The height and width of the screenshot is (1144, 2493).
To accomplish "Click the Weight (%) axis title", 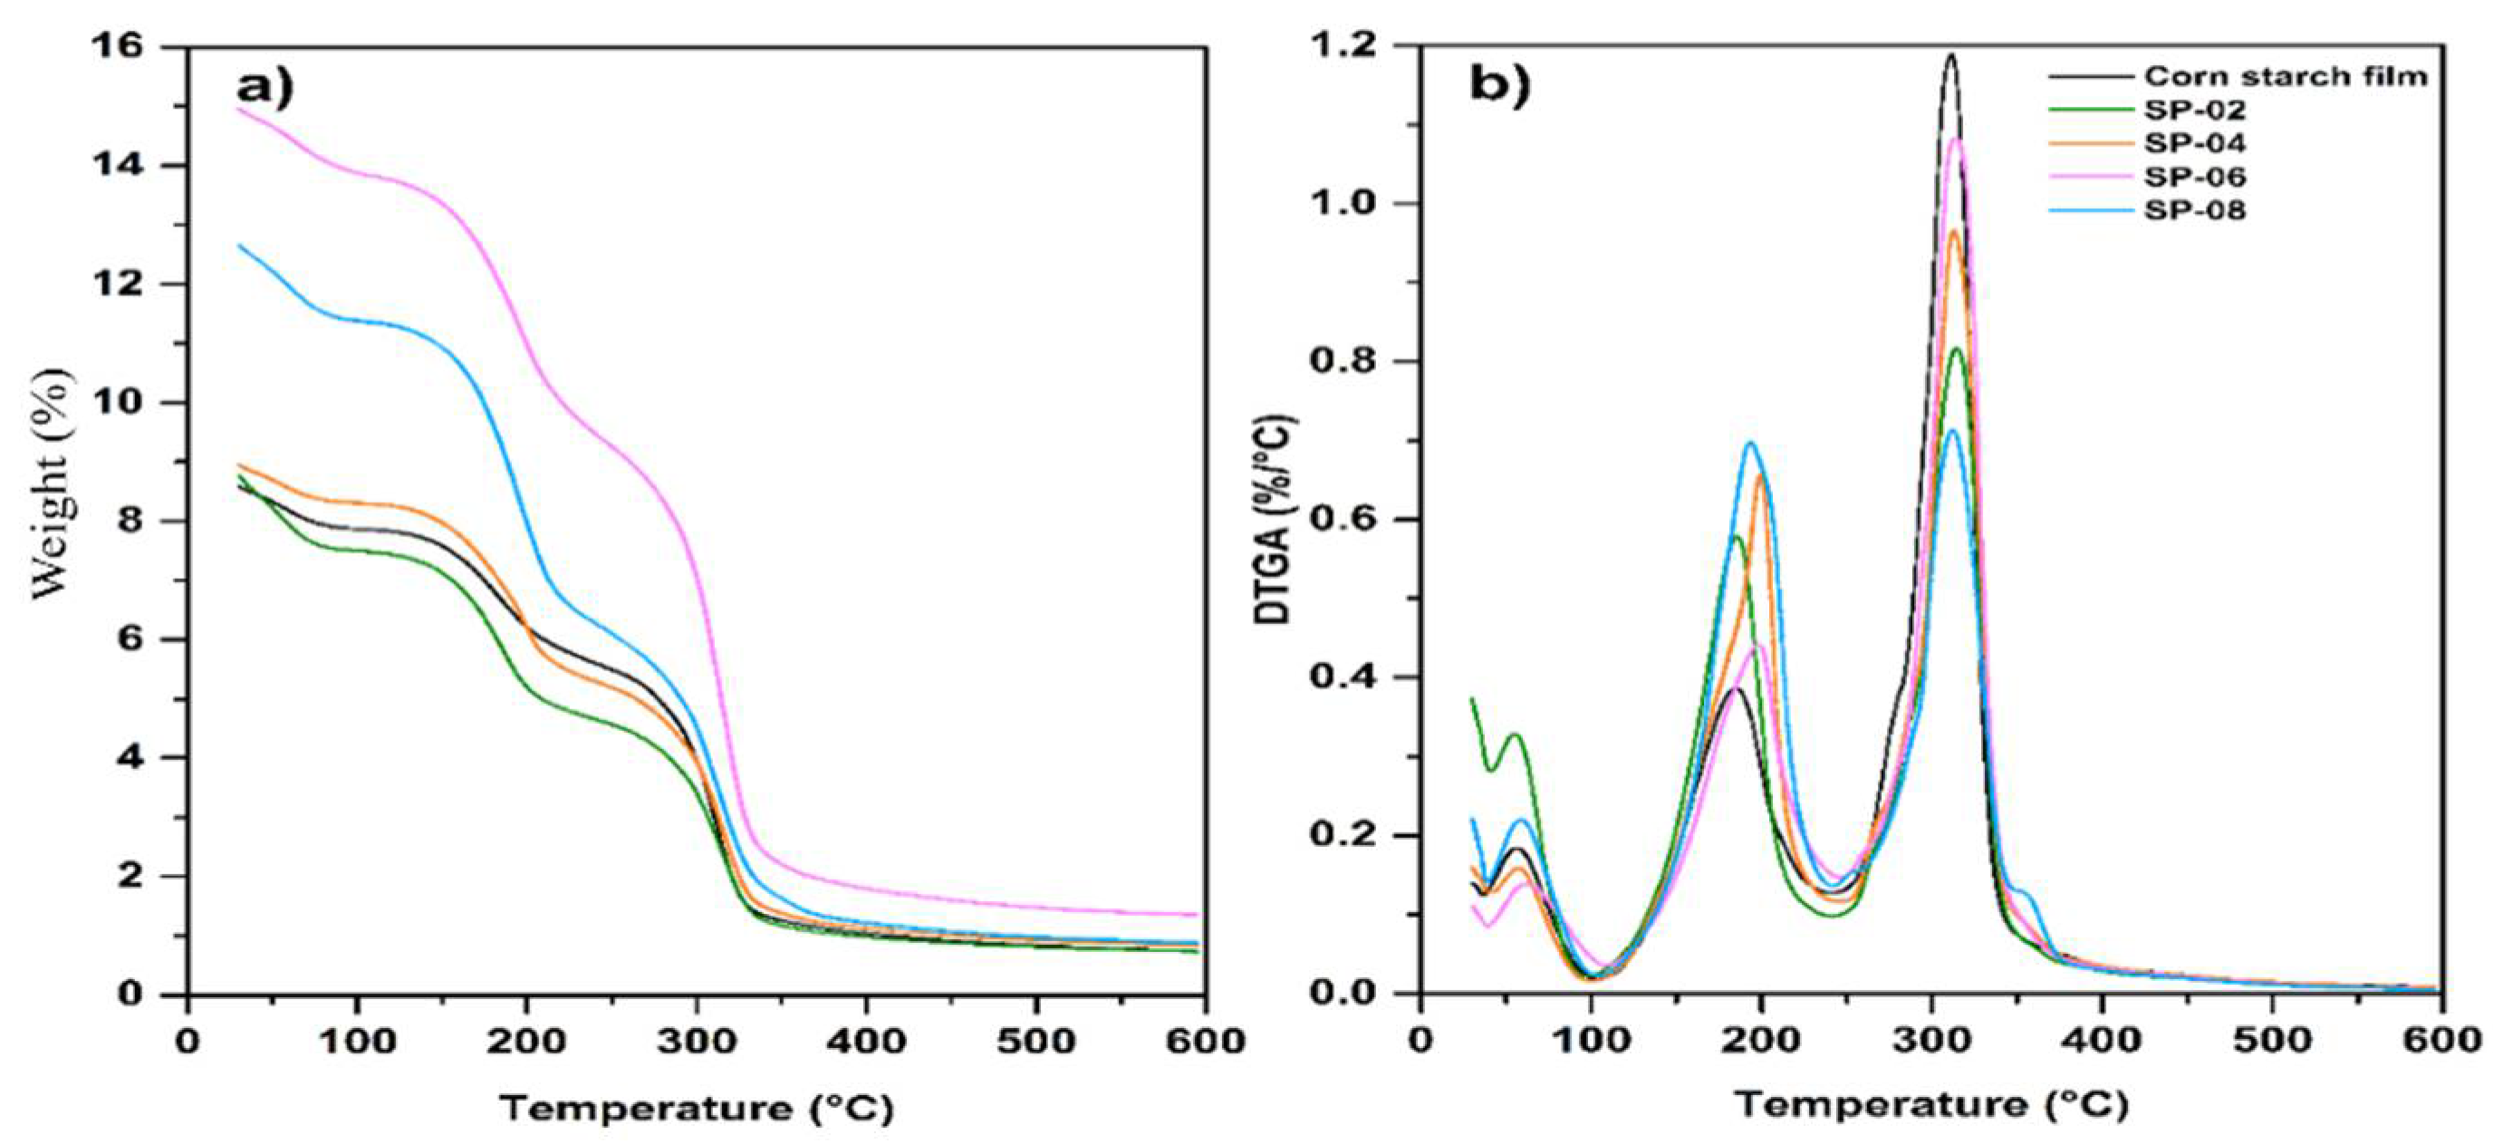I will tap(53, 484).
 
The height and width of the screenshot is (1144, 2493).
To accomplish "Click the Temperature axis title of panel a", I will tap(697, 1107).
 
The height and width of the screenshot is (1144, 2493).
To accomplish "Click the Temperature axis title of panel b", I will tap(1930, 1104).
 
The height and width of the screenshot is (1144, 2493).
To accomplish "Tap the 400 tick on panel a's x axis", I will tap(866, 1043).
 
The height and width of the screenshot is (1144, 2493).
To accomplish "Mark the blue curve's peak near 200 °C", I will tap(1750, 443).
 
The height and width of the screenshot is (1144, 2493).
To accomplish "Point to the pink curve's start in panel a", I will tap(238, 110).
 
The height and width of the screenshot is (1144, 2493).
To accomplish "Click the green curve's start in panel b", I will tap(1472, 698).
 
